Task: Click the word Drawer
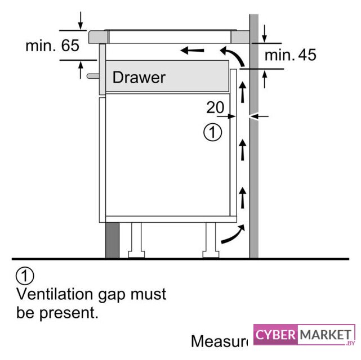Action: coord(139,77)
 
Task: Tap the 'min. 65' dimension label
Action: coord(52,46)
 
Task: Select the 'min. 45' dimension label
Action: coord(290,55)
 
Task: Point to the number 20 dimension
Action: coord(215,107)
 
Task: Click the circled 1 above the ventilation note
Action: coord(25,276)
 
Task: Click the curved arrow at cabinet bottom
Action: coord(232,235)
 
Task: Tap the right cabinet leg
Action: coord(211,240)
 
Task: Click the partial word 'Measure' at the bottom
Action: coord(219,341)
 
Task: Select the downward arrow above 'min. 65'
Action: coord(81,20)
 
